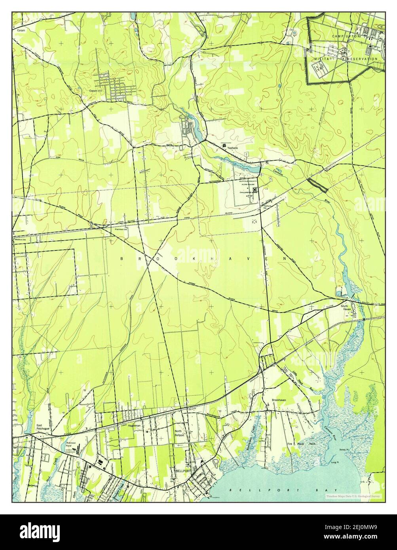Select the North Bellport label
click(x=180, y=433)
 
